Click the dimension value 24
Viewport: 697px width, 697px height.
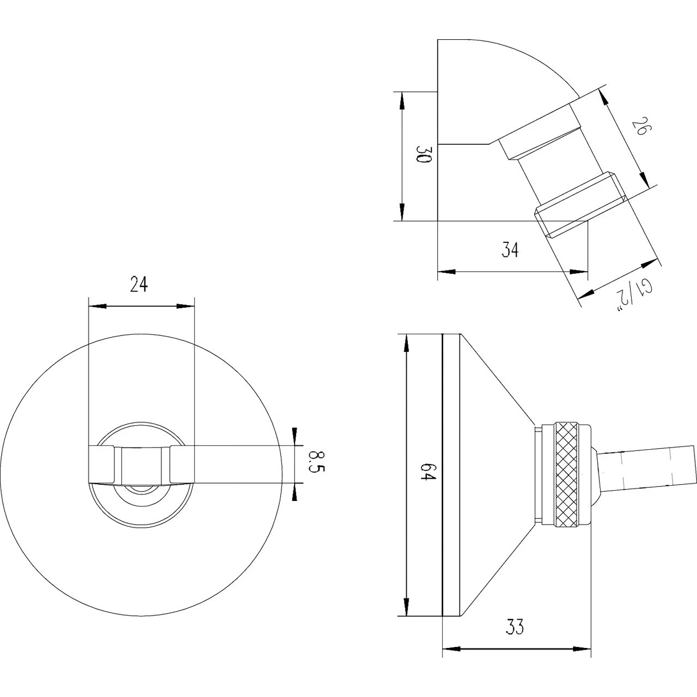(x=139, y=284)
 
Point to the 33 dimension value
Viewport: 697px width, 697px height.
(x=515, y=627)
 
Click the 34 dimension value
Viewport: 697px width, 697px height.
(x=510, y=250)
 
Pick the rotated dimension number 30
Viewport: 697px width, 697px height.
(x=423, y=155)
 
